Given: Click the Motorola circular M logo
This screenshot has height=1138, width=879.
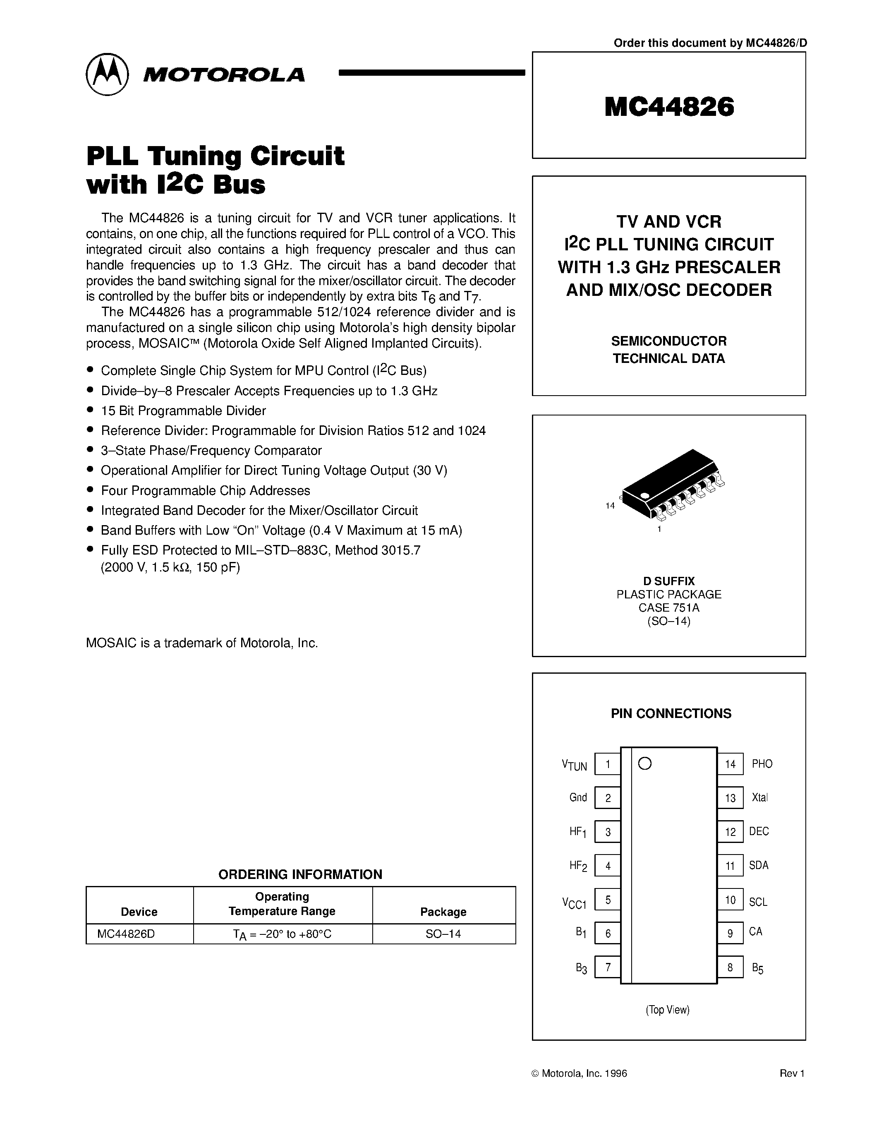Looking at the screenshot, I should click(x=107, y=74).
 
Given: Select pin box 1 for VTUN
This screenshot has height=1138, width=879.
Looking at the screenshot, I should click(x=607, y=764).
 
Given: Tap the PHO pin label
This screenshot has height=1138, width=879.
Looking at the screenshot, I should click(x=762, y=764).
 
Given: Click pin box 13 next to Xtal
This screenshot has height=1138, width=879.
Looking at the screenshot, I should click(x=730, y=798).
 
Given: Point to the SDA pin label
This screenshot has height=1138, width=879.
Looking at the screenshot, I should click(x=759, y=865).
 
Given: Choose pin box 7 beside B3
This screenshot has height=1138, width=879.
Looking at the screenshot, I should click(x=607, y=968).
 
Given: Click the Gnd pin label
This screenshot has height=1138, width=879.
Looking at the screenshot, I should click(x=578, y=798).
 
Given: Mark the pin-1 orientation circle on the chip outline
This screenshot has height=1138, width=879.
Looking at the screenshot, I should click(x=645, y=764).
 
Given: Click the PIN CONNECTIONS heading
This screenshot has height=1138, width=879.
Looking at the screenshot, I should click(x=671, y=713).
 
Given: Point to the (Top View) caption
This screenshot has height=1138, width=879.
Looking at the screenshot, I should click(x=667, y=1010).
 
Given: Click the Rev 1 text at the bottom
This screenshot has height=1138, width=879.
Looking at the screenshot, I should click(x=792, y=1073).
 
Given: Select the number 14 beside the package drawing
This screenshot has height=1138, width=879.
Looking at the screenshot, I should click(x=610, y=505).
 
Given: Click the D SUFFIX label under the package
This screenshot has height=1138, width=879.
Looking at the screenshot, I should click(x=668, y=581).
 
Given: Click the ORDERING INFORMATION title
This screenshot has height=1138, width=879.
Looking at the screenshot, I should click(x=300, y=874).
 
